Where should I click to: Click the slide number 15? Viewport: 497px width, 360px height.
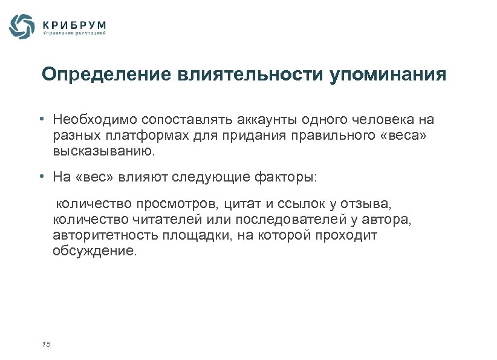click(x=47, y=344)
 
